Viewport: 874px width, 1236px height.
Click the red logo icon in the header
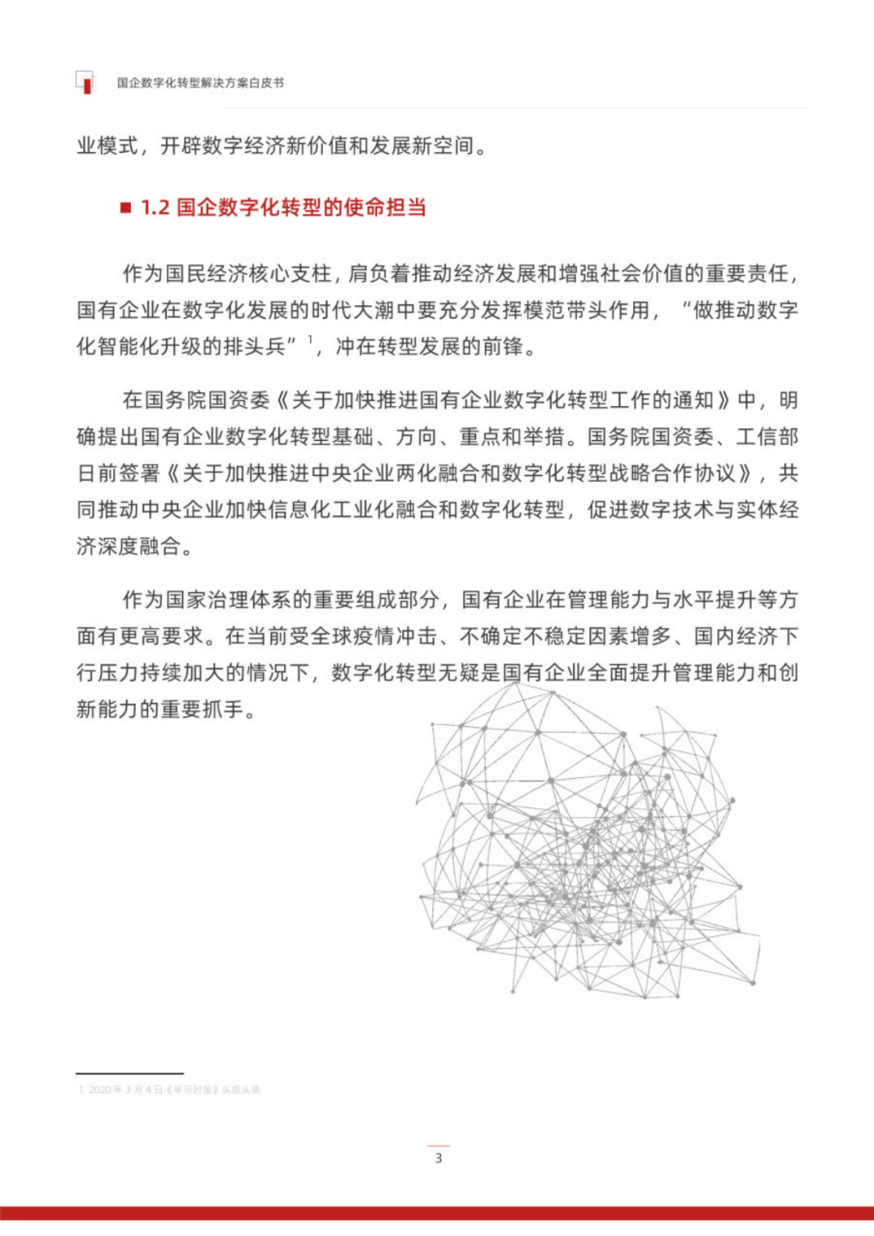pyautogui.click(x=85, y=82)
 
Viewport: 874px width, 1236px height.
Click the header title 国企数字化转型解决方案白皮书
pyautogui.click(x=200, y=83)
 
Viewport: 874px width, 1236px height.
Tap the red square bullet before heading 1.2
pyautogui.click(x=125, y=208)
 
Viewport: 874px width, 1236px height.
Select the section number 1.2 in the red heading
pyautogui.click(x=155, y=208)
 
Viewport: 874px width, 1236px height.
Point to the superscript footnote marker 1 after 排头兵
pyautogui.click(x=310, y=340)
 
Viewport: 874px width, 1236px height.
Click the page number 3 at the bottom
pyautogui.click(x=439, y=1158)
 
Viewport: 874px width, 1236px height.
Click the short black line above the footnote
pyautogui.click(x=129, y=1073)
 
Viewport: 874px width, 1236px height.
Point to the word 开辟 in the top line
pyautogui.click(x=181, y=146)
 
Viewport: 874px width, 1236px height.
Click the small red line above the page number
pyautogui.click(x=439, y=1145)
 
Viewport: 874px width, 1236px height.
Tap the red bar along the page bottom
pyautogui.click(x=437, y=1213)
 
